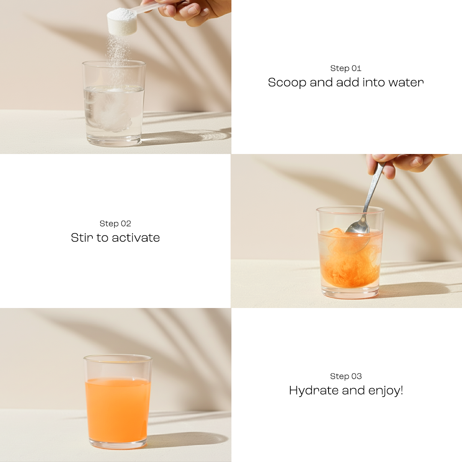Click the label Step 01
[x=346, y=68]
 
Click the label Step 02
[x=115, y=224]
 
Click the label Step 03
[x=346, y=376]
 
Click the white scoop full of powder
[x=122, y=21]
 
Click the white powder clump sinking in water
[x=112, y=115]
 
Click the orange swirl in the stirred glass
[x=346, y=261]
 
